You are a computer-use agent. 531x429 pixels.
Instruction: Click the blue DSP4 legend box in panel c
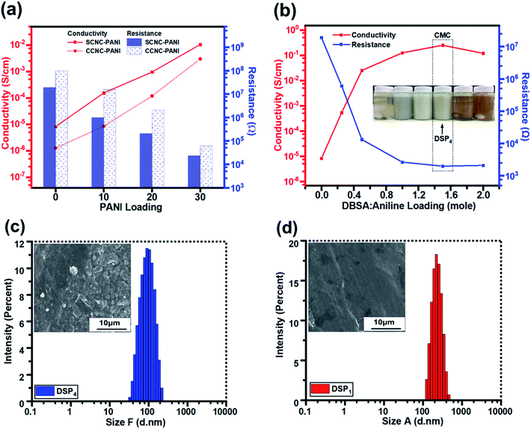click(45, 389)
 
